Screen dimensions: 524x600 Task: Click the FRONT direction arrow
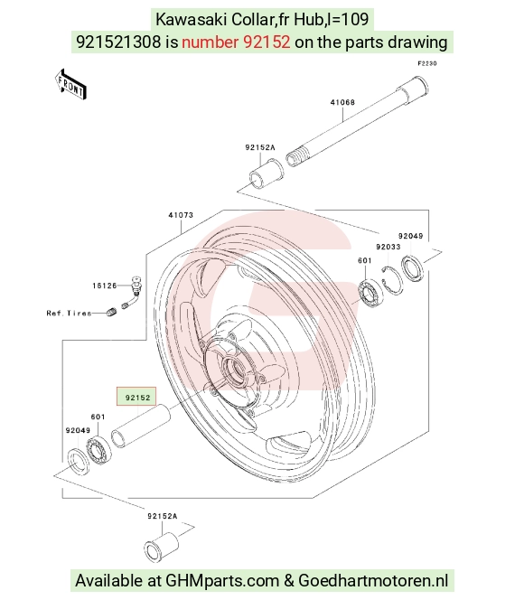70,85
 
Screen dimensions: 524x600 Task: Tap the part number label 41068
342,102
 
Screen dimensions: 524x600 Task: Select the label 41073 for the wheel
181,215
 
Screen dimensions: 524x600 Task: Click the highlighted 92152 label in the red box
136,397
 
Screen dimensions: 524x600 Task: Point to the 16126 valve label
105,286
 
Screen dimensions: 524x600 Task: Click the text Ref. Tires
70,313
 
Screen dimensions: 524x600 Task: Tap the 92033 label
388,247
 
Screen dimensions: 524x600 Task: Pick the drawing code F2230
426,63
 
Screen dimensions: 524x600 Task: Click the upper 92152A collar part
267,173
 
